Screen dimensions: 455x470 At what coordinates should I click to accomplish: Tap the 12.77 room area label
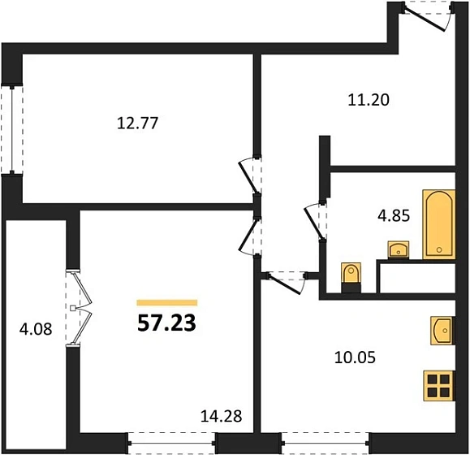click(x=137, y=124)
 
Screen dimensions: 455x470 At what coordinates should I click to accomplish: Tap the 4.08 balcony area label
click(x=34, y=329)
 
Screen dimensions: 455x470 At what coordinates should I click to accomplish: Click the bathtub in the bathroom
click(x=438, y=224)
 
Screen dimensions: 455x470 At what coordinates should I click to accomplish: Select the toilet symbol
click(x=350, y=276)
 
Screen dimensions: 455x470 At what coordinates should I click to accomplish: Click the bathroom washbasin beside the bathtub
click(x=399, y=249)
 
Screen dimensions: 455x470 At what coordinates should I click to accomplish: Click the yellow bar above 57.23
click(x=166, y=301)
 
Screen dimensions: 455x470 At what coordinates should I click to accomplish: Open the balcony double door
click(x=78, y=309)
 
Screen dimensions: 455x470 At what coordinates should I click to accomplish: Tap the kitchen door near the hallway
click(x=284, y=279)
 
